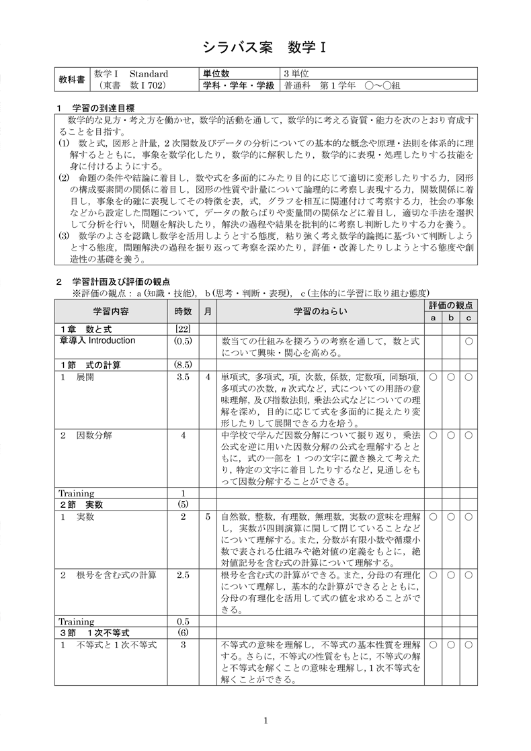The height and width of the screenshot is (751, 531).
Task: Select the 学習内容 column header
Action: click(112, 311)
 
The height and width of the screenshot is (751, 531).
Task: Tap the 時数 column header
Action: click(183, 311)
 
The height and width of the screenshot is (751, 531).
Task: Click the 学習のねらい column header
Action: click(321, 311)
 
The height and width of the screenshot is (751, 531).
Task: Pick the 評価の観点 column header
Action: click(450, 305)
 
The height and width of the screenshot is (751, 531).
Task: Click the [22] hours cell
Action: click(183, 329)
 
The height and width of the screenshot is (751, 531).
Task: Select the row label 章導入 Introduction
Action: click(97, 341)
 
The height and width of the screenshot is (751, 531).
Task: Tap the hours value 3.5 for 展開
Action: click(183, 377)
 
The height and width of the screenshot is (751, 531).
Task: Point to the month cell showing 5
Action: click(208, 517)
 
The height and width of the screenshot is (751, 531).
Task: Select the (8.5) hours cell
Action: click(183, 365)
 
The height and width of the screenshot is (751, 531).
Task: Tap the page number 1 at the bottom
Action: click(266, 721)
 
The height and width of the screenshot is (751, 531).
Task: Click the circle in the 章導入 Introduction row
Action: click(468, 341)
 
